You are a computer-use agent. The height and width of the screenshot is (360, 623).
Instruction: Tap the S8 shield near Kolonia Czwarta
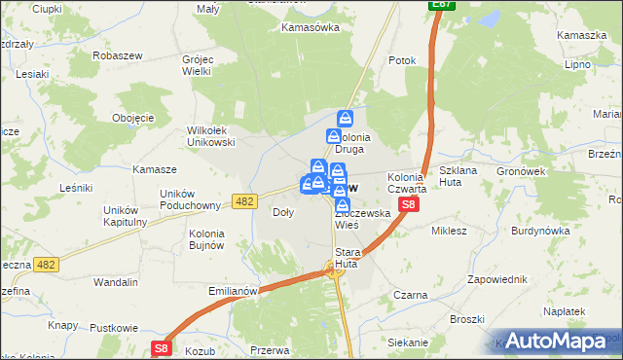[410, 204]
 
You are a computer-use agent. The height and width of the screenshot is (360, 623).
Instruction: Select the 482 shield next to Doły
[244, 200]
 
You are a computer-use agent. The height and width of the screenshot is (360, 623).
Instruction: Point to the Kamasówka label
[310, 27]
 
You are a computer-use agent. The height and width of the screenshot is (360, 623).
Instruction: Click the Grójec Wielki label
[204, 64]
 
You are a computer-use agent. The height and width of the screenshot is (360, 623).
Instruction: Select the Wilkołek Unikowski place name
[211, 135]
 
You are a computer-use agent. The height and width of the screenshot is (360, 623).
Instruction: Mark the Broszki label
[467, 318]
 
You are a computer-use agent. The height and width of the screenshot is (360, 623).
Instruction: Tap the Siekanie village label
[407, 342]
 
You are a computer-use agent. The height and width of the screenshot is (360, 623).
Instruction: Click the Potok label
[402, 60]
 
